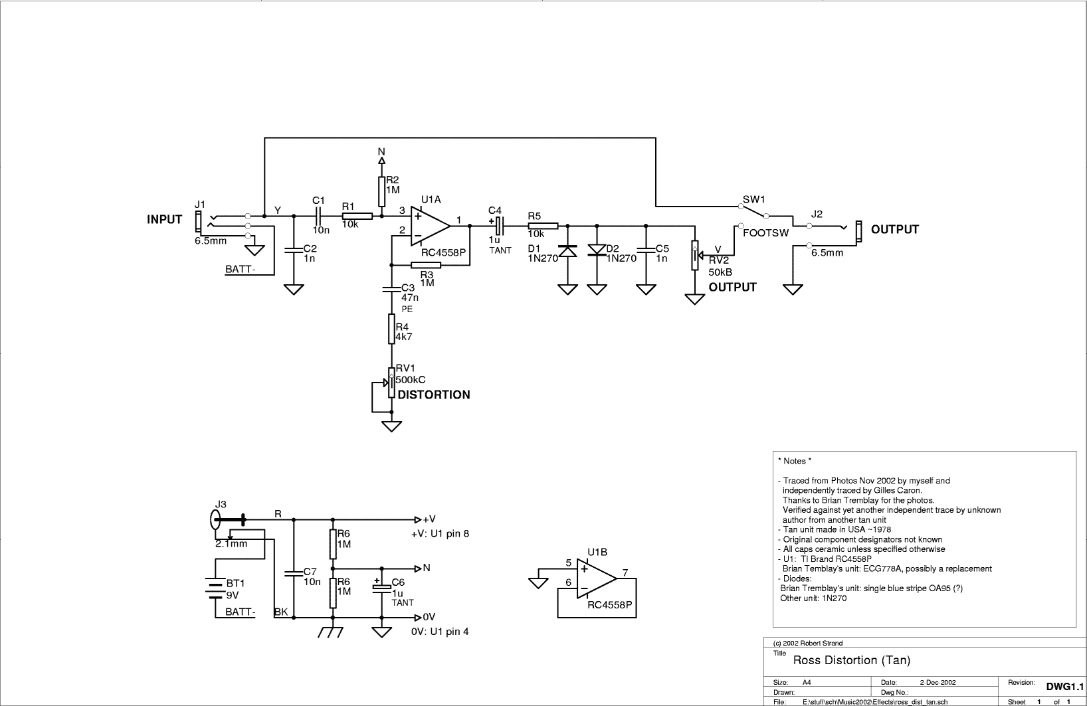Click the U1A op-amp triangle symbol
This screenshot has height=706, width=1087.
pos(429,226)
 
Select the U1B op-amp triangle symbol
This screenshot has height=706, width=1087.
pos(595,578)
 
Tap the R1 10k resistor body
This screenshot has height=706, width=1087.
pos(357,217)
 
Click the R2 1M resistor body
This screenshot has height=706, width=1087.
pos(381,192)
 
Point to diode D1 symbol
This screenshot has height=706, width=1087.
pos(567,251)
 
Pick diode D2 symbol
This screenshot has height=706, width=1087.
pos(597,250)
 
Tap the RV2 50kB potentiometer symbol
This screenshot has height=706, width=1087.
pos(696,255)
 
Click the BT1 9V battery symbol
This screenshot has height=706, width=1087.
pos(215,588)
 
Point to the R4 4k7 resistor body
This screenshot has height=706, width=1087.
pos(391,329)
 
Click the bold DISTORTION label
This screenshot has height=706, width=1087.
pos(434,395)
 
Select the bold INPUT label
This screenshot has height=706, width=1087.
pos(165,220)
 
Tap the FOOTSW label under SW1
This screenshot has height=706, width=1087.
pos(766,233)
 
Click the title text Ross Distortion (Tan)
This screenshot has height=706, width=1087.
pos(852,660)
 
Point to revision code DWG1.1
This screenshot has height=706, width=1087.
pos(1064,687)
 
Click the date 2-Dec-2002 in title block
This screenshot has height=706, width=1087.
pos(938,682)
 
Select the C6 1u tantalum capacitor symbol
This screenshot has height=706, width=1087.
pos(381,586)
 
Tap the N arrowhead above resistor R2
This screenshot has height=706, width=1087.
pos(381,160)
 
